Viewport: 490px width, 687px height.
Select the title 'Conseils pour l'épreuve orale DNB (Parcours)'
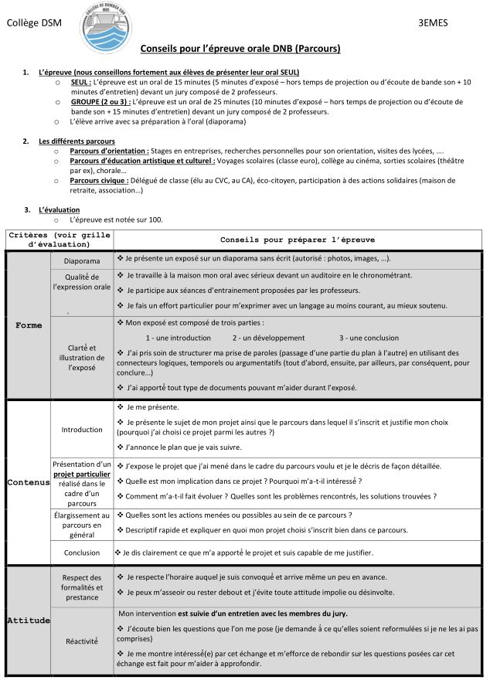point(240,49)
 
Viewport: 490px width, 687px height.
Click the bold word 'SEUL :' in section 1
point(80,81)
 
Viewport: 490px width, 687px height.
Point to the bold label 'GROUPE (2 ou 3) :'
point(100,101)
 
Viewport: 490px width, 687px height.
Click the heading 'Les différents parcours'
point(77,141)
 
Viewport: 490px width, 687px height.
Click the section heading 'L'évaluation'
point(59,210)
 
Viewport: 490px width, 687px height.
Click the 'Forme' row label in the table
point(29,325)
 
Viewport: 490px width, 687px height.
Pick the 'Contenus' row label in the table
point(29,482)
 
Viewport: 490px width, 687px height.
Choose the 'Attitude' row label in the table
point(29,621)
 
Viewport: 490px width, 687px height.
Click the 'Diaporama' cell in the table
point(82,261)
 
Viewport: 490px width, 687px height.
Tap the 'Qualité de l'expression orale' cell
point(82,282)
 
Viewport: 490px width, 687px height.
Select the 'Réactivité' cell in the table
point(82,641)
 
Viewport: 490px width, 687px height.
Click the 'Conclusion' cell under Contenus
point(82,553)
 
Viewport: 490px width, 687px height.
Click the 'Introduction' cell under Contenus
point(82,430)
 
